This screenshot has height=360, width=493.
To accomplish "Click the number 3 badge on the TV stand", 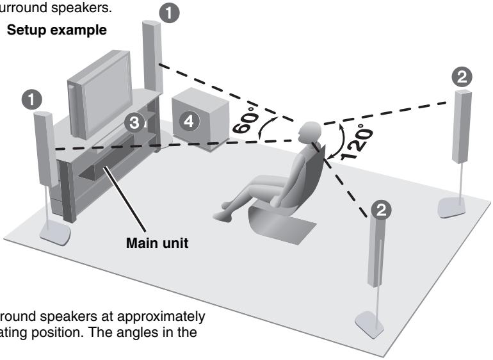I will coord(133,123).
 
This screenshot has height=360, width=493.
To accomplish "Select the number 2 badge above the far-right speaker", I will coord(463,76).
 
